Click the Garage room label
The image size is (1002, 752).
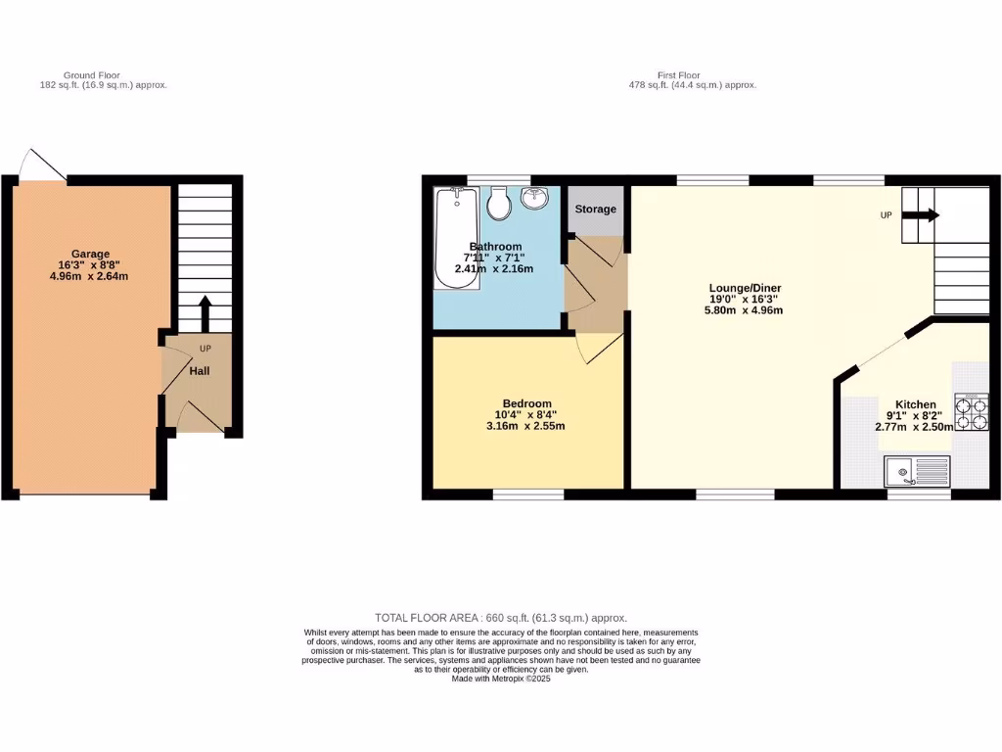(90, 254)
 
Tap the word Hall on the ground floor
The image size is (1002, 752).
(200, 371)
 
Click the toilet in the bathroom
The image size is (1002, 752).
(498, 204)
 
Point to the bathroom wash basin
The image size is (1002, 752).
(534, 199)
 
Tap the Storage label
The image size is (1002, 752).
(596, 210)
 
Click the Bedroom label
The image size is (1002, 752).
(527, 403)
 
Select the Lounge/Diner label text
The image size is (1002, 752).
(746, 288)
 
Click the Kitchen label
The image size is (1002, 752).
(916, 404)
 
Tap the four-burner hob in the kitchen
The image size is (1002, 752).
(972, 413)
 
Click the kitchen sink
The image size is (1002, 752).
(916, 472)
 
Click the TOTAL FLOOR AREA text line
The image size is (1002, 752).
(501, 618)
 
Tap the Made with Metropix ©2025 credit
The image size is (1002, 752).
(501, 679)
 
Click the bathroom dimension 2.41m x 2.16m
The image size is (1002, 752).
(495, 268)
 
